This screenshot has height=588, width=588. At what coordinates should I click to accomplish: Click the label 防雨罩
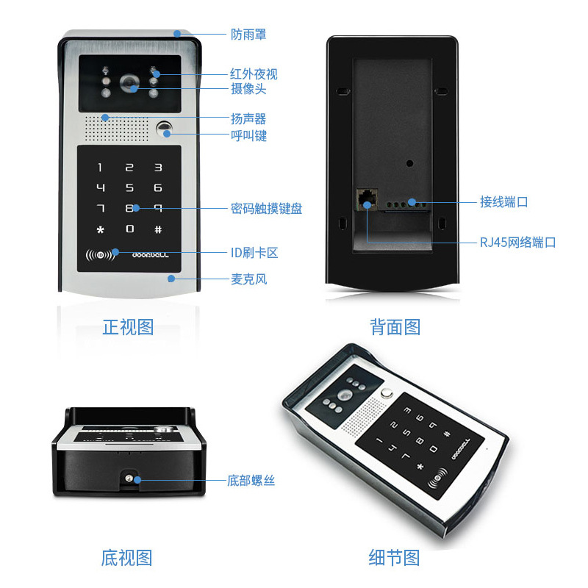248,35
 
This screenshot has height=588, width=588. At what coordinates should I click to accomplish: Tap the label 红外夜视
254,74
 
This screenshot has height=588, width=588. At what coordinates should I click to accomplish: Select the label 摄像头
248,89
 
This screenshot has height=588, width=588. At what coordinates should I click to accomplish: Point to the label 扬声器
248,118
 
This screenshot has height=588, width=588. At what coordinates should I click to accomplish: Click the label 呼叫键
248,135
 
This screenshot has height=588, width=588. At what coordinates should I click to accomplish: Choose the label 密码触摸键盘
266,209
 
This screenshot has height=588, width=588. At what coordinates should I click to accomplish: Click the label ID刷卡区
254,253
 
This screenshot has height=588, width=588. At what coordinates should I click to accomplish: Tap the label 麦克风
248,279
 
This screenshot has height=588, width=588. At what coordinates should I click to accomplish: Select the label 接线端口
504,201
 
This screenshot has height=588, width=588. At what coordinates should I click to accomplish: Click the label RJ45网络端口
518,243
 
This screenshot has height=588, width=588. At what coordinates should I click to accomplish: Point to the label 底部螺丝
251,481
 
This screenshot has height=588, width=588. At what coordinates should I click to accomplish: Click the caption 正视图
128,326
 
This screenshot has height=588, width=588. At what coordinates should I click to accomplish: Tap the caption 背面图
395,326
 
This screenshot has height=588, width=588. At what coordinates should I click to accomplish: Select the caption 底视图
126,557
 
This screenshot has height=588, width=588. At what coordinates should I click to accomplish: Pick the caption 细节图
394,557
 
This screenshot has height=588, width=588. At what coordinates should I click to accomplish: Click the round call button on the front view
165,131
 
